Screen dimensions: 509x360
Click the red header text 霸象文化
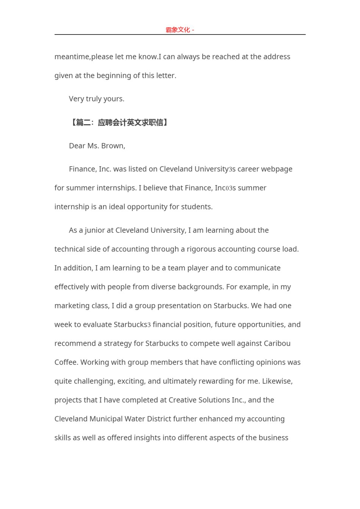click(x=178, y=30)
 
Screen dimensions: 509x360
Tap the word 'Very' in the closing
click(x=77, y=99)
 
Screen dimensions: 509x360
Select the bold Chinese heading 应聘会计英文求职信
click(x=130, y=122)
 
